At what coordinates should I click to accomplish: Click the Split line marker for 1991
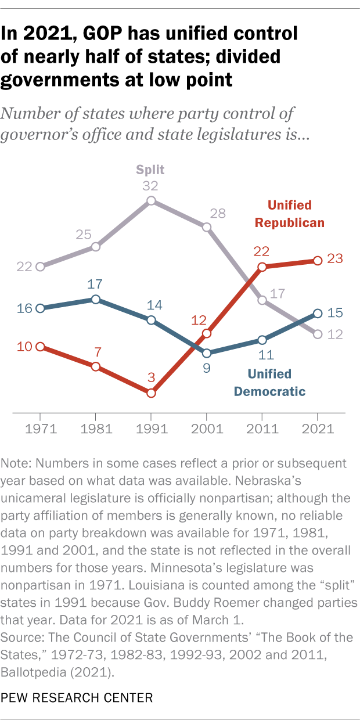tap(151, 200)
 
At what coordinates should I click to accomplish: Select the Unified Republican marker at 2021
tap(317, 261)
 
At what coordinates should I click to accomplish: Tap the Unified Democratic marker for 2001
tap(206, 352)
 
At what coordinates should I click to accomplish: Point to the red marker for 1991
tap(151, 393)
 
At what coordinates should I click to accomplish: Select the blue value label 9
tap(206, 368)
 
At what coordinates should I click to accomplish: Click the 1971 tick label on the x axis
tap(40, 429)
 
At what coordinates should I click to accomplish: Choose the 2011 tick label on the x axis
tap(262, 429)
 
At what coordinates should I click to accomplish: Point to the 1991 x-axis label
tap(151, 429)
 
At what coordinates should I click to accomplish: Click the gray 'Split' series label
tap(150, 170)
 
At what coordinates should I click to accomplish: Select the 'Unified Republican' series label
tap(297, 214)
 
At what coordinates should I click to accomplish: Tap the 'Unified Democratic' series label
tap(269, 382)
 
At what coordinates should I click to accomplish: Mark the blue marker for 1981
tap(95, 299)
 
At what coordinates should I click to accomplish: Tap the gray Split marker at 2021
tap(317, 334)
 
